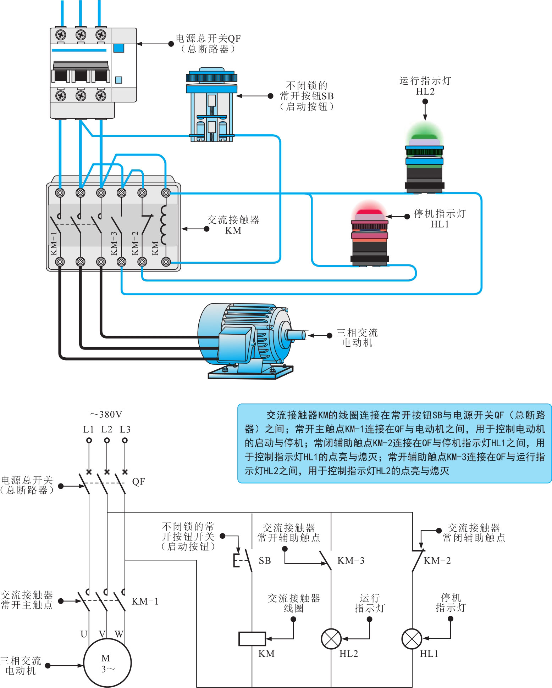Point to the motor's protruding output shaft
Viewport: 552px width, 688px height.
click(296, 335)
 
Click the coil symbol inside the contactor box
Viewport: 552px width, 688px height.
click(164, 225)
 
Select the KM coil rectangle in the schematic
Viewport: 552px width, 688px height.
click(252, 639)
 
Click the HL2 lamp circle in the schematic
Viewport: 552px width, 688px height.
click(331, 639)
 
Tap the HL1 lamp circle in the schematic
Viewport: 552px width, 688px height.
click(412, 639)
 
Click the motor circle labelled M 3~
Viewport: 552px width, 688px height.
click(107, 663)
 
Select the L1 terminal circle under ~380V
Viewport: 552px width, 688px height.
click(89, 440)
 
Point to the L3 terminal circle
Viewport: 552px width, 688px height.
click(125, 440)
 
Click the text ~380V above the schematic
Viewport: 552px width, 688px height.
click(106, 414)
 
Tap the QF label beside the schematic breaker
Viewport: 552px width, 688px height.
click(138, 481)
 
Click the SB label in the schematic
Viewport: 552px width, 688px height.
click(265, 560)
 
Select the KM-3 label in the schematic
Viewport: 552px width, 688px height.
click(351, 560)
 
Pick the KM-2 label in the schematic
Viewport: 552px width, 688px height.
click(437, 560)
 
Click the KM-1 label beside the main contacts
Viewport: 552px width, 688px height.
click(145, 601)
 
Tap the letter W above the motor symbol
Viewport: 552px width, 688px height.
click(119, 634)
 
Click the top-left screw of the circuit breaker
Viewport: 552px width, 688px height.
click(61, 35)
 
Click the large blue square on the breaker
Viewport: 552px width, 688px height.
click(118, 48)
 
